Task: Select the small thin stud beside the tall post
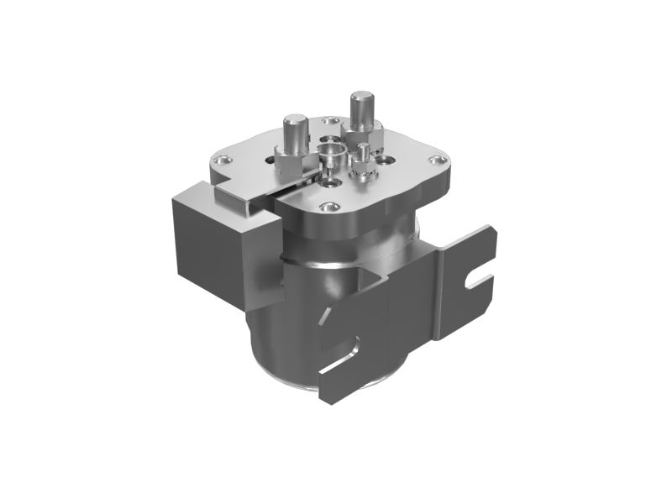point(361,155)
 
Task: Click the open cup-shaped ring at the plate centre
point(330,155)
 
